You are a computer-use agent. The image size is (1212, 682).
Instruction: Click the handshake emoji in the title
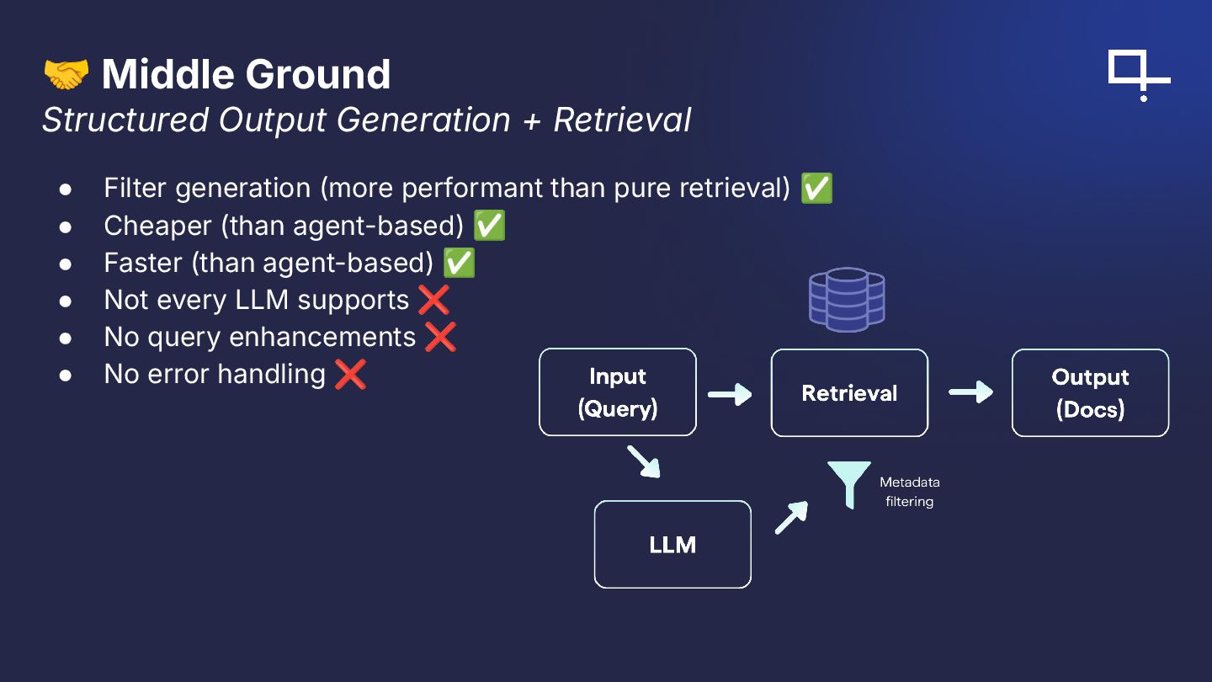(x=66, y=74)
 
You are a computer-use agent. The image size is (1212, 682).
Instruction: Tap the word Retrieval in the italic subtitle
(x=622, y=120)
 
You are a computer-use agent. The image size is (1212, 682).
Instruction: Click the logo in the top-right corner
(x=1138, y=75)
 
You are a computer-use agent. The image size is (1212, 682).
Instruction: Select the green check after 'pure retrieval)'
(x=816, y=189)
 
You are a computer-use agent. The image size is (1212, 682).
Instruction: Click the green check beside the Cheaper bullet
(x=489, y=226)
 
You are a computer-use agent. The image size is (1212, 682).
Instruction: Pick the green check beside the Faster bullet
(x=459, y=263)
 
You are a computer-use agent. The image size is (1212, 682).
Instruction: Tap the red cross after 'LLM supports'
(x=433, y=300)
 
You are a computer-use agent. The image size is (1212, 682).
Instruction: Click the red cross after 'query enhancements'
(x=440, y=337)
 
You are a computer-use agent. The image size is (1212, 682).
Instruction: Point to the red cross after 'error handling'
(x=350, y=374)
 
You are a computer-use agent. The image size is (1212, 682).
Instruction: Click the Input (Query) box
(x=618, y=392)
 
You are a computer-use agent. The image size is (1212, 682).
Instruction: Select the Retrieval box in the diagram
(x=849, y=392)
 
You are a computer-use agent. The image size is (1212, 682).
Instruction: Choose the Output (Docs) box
(x=1090, y=392)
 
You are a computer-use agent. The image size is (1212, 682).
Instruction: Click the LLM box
(x=672, y=545)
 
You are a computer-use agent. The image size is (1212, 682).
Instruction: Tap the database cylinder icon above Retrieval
(x=847, y=299)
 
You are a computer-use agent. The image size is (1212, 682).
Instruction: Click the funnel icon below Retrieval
(x=848, y=483)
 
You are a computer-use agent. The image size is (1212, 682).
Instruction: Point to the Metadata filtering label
(x=909, y=492)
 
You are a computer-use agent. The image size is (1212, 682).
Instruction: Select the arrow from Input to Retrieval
(x=730, y=393)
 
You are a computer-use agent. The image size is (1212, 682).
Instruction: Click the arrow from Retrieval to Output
(x=970, y=392)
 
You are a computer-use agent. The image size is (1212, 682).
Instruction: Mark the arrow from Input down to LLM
(x=643, y=462)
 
